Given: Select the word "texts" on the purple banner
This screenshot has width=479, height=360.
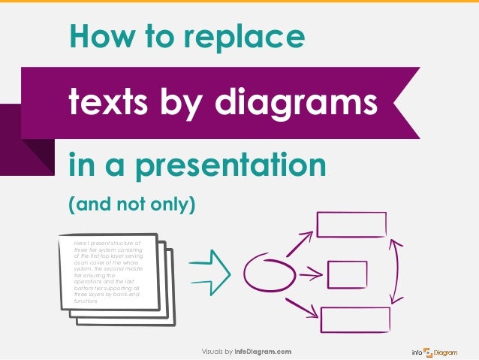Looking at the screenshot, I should pyautogui.click(x=110, y=103).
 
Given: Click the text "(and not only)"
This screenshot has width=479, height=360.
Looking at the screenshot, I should pyautogui.click(x=131, y=204).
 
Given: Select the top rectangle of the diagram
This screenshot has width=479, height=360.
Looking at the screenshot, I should pyautogui.click(x=351, y=225).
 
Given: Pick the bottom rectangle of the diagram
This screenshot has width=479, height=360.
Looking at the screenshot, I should pyautogui.click(x=354, y=319).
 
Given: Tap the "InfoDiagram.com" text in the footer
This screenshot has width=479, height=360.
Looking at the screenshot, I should pyautogui.click(x=262, y=352).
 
